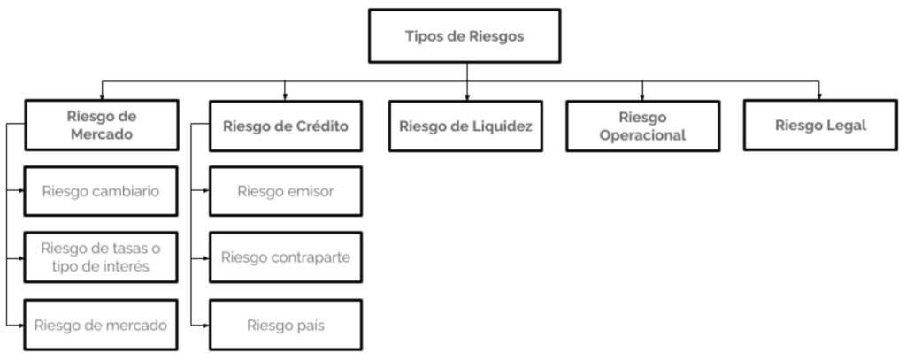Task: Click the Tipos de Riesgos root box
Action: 465,36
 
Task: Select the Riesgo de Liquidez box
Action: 465,126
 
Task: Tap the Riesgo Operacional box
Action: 642,126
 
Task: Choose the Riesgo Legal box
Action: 820,126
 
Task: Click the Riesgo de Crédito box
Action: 286,126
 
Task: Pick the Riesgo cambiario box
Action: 101,191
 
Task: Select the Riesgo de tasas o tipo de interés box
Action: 101,257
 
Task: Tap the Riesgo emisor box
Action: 286,191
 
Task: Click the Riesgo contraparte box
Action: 286,257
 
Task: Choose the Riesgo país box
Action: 286,325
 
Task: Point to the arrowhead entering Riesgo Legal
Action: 818,97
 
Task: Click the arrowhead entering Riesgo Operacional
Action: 642,97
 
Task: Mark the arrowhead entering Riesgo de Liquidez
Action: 467,97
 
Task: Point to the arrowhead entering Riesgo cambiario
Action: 21,190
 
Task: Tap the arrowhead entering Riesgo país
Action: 206,326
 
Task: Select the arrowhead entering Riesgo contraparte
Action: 206,258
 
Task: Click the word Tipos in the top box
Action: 421,36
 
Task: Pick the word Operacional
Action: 642,135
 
